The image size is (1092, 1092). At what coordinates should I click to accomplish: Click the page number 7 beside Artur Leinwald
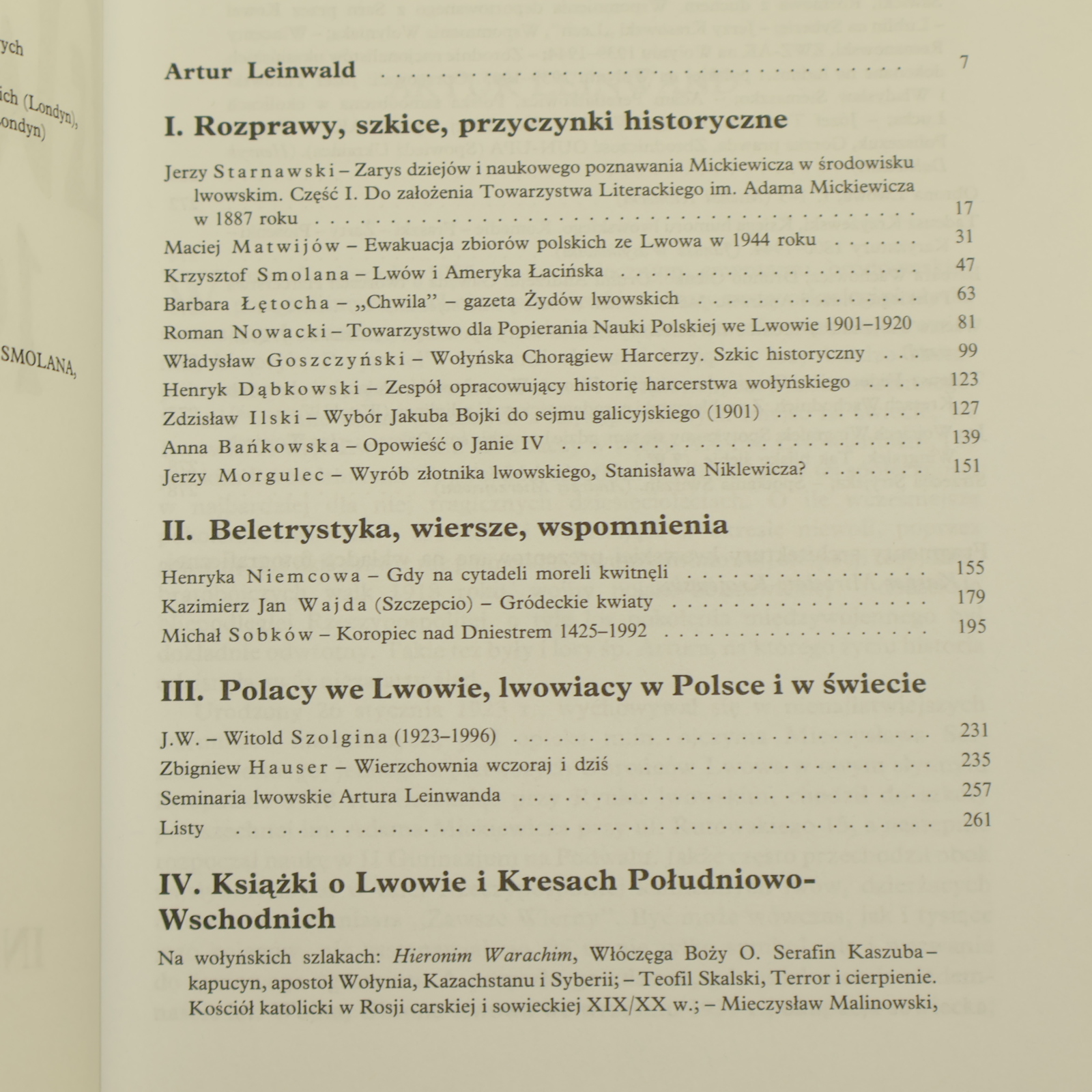(964, 63)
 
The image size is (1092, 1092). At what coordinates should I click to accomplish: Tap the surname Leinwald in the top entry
(301, 72)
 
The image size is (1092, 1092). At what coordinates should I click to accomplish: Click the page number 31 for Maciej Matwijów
(964, 237)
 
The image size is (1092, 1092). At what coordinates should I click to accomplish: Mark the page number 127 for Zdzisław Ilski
(965, 408)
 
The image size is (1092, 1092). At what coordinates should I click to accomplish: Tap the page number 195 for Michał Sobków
(972, 626)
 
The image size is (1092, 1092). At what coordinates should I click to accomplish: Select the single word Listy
(182, 829)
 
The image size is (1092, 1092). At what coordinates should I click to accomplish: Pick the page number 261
(977, 820)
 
